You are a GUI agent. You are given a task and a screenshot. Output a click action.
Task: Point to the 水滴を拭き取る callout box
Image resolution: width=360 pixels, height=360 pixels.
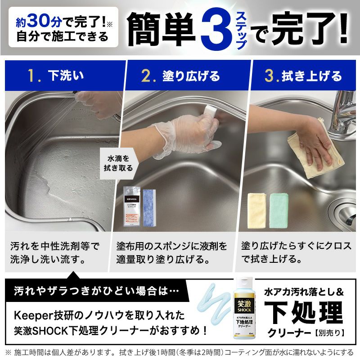(118, 163)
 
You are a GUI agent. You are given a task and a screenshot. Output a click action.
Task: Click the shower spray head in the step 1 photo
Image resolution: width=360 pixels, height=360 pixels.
(81, 95)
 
